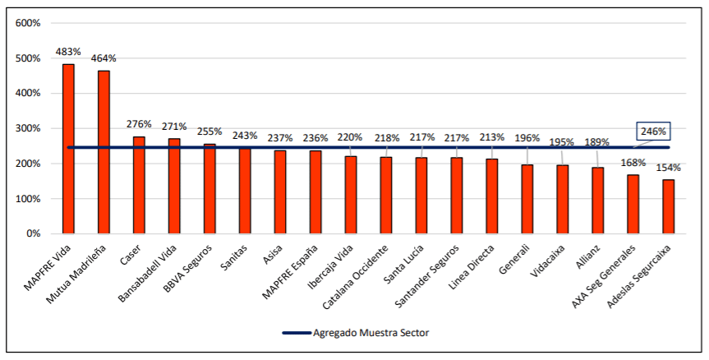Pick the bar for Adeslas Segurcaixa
(x=669, y=206)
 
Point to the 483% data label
(x=68, y=52)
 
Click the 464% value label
(x=104, y=58)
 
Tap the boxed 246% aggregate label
(x=654, y=132)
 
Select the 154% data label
(x=668, y=168)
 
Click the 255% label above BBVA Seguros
(x=209, y=132)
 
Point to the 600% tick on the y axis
(x=28, y=23)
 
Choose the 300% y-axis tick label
(x=28, y=128)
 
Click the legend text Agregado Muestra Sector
(x=371, y=333)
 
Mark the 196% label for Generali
(x=527, y=138)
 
